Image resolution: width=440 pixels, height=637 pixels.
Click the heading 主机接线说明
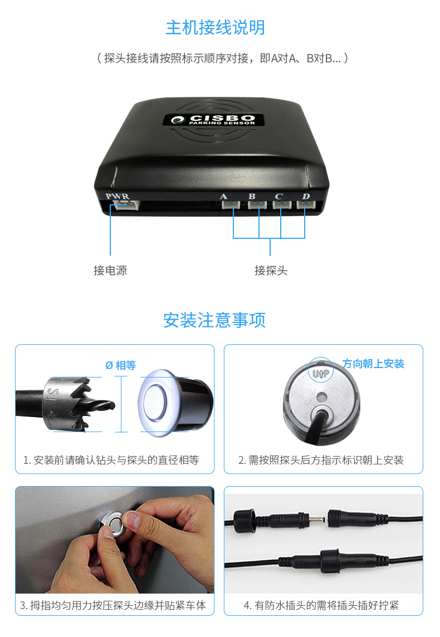(216, 28)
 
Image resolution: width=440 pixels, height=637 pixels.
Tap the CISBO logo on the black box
(214, 119)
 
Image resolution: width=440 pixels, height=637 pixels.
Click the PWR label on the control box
(117, 196)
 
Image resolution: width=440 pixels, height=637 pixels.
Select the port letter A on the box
(223, 197)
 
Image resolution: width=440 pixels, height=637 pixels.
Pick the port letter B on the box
(252, 196)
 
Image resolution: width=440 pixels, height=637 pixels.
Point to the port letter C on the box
(278, 196)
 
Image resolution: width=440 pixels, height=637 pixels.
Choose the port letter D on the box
(306, 196)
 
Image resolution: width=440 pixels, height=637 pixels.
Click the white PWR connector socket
(126, 205)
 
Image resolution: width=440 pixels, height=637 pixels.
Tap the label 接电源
(110, 270)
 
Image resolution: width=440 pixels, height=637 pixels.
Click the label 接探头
(271, 270)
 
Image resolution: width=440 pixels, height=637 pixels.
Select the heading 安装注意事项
(214, 320)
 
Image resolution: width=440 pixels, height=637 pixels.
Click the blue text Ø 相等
(121, 365)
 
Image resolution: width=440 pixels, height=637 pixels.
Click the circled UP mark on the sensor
(321, 371)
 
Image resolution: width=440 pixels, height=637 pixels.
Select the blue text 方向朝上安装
(373, 364)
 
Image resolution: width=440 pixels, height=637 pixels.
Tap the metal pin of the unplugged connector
(317, 520)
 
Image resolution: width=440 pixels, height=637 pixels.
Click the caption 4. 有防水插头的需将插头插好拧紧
(321, 605)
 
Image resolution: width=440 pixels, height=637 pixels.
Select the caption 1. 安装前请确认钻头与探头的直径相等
(111, 460)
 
